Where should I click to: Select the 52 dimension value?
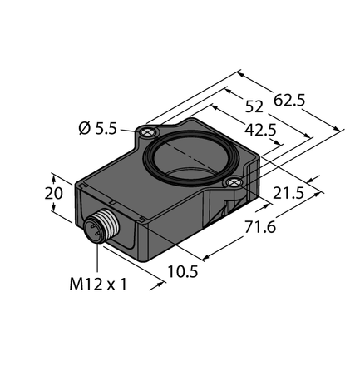(254, 106)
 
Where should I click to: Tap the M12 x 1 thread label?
(98, 285)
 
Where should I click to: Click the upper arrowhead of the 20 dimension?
(57, 176)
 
